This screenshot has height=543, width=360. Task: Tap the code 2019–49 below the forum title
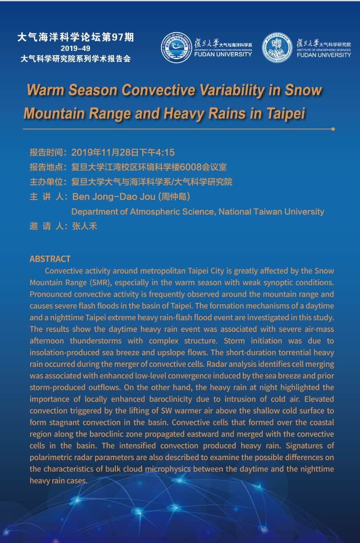pos(76,48)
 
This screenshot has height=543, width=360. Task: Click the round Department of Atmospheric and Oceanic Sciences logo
pos(176,48)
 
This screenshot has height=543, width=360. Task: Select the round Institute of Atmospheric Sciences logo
pos(277,48)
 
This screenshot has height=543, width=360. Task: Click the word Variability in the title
pos(217,90)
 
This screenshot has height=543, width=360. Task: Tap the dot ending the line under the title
pos(333,129)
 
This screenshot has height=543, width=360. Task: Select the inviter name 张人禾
pos(85,226)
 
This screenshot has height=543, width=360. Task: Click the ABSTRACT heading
pos(50,259)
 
